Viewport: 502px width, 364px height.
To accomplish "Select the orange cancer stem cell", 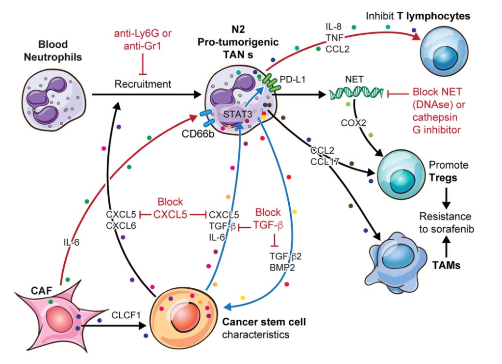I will coord(185,314).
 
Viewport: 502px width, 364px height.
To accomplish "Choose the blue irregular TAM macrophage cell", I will coord(400,255).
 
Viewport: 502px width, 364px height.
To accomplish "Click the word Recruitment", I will coord(143,84).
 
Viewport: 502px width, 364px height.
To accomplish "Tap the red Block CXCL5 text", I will coord(170,208).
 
